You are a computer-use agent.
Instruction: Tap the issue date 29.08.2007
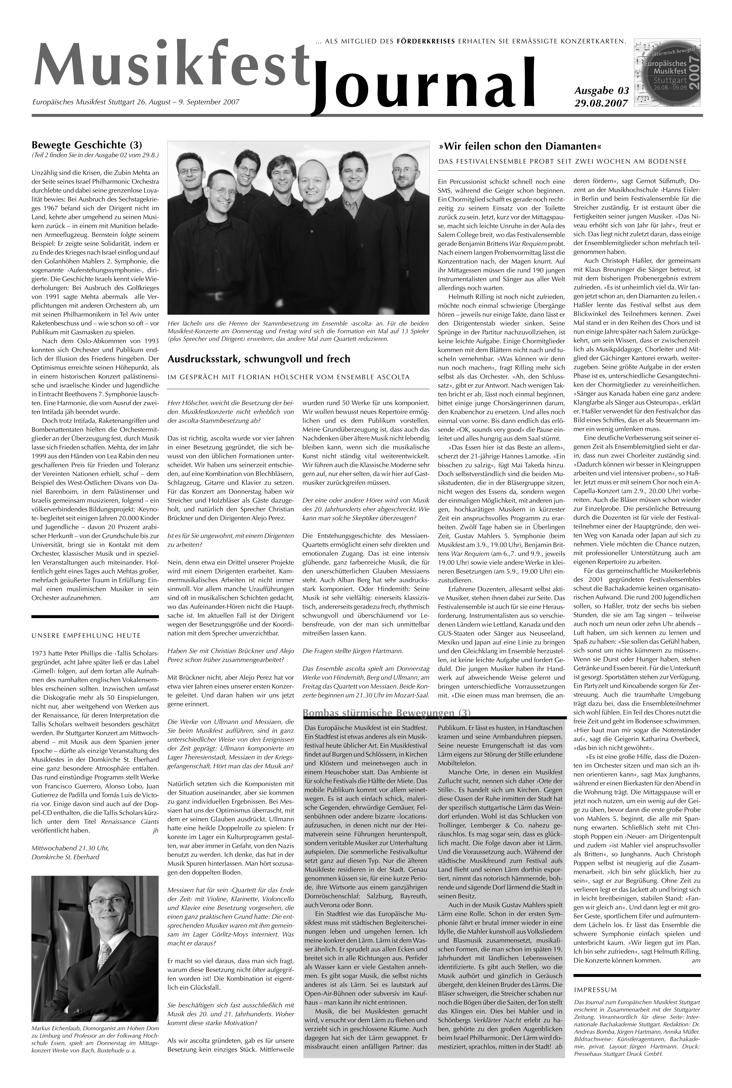(601, 103)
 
